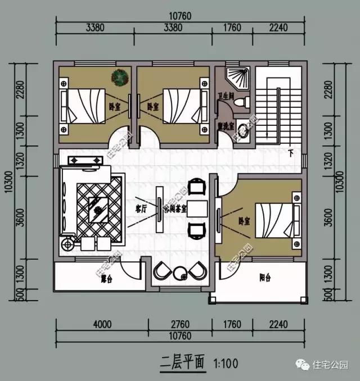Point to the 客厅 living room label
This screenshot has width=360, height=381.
coord(141,208)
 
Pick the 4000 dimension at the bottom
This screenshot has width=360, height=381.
coord(102,324)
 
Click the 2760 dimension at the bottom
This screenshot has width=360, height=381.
coord(179,324)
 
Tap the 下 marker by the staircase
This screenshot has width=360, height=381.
coord(291,152)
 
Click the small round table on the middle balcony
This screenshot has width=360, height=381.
coord(181,274)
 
